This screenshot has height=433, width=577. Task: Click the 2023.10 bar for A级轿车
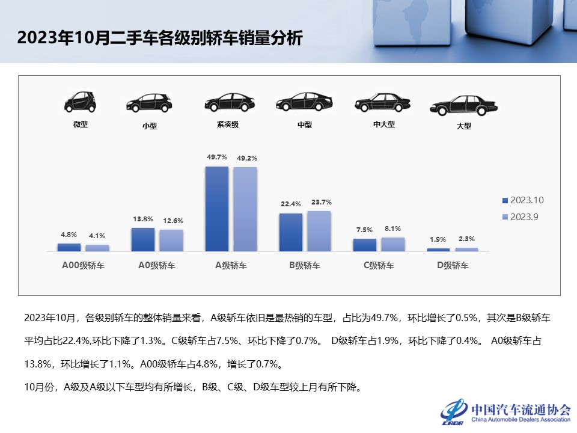click(x=217, y=209)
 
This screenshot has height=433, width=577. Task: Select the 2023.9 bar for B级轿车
click(x=319, y=231)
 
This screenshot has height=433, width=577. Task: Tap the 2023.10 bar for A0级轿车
click(x=143, y=239)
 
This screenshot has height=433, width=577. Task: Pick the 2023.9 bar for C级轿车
click(x=392, y=244)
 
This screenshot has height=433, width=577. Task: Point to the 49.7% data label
click(x=217, y=157)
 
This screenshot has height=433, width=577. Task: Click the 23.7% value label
click(x=319, y=202)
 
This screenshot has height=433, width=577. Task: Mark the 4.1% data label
click(x=97, y=236)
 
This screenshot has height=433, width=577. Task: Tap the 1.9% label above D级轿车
click(x=438, y=239)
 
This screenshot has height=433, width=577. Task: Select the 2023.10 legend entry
click(x=523, y=200)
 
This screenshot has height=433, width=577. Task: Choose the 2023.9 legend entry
click(x=521, y=217)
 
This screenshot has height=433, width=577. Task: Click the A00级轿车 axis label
click(x=83, y=265)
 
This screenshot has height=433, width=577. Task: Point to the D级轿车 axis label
click(x=453, y=265)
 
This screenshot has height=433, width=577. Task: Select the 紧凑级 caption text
click(x=228, y=125)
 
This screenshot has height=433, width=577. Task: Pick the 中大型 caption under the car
click(x=383, y=125)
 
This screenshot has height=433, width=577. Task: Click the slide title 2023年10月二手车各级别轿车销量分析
click(x=160, y=39)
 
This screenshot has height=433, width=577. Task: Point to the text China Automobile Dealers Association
click(x=521, y=420)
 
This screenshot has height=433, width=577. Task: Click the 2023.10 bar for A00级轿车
click(x=69, y=247)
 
